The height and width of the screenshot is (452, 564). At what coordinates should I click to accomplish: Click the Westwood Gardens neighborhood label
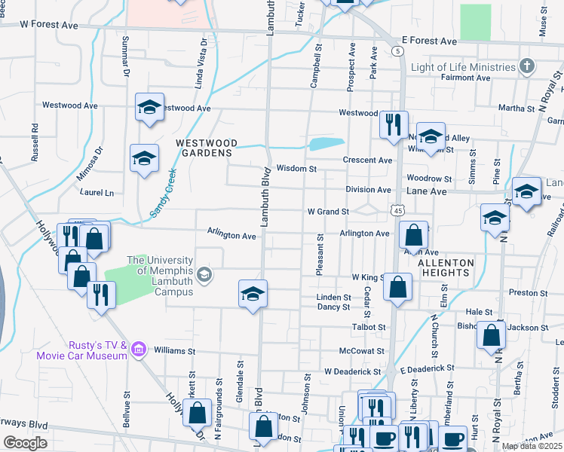coord(207,148)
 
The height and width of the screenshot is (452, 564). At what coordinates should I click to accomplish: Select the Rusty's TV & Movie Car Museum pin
coord(138,350)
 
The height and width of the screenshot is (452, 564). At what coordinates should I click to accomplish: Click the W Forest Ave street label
coord(50,25)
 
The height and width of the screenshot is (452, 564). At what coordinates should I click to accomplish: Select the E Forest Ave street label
coord(429,40)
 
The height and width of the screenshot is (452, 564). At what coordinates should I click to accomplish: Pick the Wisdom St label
coord(295,169)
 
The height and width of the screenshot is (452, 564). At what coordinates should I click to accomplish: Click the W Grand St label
coord(327,212)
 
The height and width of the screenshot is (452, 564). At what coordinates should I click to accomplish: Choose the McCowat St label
coord(357,351)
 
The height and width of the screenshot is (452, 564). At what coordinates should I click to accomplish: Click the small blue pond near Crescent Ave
coord(326,143)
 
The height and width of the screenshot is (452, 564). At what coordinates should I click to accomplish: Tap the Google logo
coord(25,443)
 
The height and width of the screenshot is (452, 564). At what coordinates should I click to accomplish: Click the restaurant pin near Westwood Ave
coord(393,124)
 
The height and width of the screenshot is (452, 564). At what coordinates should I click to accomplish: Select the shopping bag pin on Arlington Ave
coord(413,236)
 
